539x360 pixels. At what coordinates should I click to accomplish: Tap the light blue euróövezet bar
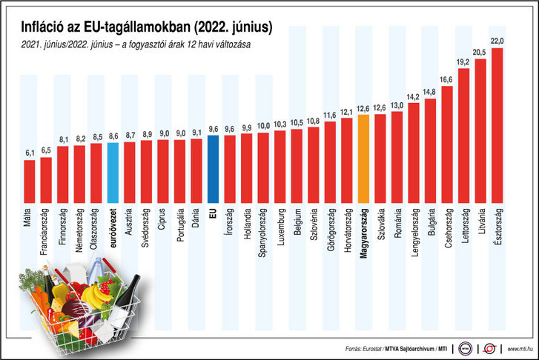tap(113, 172)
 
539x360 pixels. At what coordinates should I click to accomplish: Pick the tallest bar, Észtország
tap(497, 126)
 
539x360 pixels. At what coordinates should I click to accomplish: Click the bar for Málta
tap(29, 181)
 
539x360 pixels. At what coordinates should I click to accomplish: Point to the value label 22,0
tap(497, 41)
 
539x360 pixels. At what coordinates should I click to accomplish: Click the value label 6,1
tap(30, 153)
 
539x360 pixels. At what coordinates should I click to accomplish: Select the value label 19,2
tap(464, 61)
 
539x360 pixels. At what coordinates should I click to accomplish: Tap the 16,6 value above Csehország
tap(447, 79)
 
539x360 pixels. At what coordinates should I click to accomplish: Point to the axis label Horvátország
tap(347, 233)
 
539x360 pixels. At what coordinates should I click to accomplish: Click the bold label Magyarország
tap(363, 235)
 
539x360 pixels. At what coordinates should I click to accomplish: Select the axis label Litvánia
tap(480, 224)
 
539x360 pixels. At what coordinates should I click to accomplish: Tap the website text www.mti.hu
tap(522, 348)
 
